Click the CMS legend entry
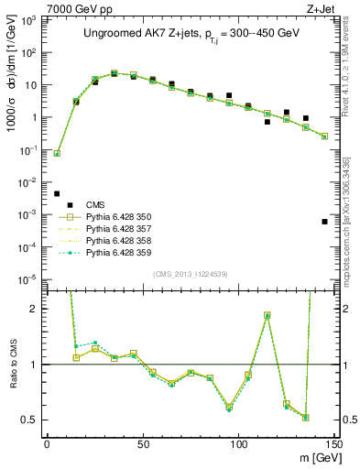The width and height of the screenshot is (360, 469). coord(96,204)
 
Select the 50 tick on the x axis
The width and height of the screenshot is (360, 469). coord(142,444)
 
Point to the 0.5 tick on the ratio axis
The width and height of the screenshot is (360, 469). coord(35,420)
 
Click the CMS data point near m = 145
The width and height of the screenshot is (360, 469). coord(324,222)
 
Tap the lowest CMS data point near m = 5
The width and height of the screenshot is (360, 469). coord(57,193)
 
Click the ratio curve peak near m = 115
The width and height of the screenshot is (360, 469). coord(267,315)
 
